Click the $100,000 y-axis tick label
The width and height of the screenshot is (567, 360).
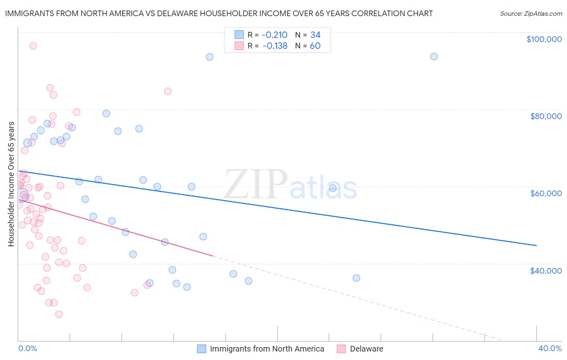pos(544,39)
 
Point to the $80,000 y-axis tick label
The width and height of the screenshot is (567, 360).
pos(546,116)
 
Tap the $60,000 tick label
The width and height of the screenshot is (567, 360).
pos(546,193)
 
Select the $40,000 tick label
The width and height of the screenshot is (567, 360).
pos(546,270)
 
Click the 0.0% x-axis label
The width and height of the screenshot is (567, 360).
pos(27,348)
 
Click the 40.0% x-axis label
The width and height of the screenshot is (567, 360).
pos(550,348)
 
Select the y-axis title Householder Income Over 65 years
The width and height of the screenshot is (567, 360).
pos(11,184)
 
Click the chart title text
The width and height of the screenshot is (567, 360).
pos(219,13)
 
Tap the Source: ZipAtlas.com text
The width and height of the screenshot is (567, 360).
pos(531,14)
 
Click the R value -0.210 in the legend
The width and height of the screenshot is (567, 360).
pos(275,35)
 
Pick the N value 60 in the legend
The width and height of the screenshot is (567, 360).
pos(315,46)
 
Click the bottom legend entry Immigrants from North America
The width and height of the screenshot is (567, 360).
pos(267,349)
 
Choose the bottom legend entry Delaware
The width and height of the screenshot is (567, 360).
pos(366,349)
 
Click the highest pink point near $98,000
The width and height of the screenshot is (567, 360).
pos(33,46)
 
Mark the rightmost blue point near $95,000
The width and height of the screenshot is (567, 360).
pos(434,57)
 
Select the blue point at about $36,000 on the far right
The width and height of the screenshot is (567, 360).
pos(356,278)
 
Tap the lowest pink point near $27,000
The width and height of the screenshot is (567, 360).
pos(59,314)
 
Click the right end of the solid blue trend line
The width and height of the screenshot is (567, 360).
pos(536,245)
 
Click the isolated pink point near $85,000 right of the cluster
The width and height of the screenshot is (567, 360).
pos(168,91)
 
